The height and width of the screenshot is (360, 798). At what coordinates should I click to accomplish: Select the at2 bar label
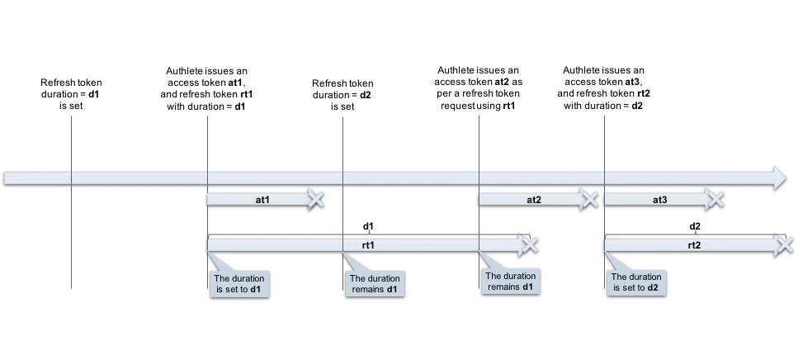(533, 199)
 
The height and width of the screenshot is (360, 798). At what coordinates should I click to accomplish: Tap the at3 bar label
(659, 199)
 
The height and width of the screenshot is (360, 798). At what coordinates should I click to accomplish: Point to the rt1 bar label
(368, 245)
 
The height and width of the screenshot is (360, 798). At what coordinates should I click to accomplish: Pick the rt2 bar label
(694, 245)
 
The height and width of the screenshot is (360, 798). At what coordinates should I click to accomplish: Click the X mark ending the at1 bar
(315, 199)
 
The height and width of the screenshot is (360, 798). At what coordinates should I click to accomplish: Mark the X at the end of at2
(588, 199)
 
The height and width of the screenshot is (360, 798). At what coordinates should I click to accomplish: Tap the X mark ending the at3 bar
(715, 199)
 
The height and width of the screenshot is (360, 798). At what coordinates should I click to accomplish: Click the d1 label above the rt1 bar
(368, 225)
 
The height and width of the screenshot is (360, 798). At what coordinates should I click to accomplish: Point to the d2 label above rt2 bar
(694, 225)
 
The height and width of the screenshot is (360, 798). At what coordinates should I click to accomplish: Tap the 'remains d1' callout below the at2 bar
(509, 281)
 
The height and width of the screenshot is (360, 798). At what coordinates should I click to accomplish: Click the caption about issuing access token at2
(479, 88)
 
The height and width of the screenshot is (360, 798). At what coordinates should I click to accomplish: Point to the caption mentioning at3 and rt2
(604, 88)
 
